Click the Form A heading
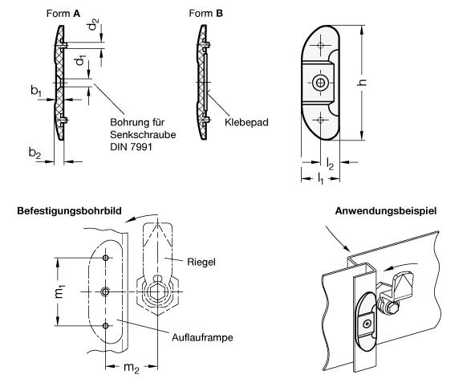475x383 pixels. click(63, 14)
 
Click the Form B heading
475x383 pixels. click(206, 14)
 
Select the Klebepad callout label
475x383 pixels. click(246, 122)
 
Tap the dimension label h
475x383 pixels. click(362, 82)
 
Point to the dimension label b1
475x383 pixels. click(36, 91)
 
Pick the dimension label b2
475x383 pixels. click(35, 153)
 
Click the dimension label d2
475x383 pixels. click(94, 25)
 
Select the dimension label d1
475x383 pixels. click(80, 60)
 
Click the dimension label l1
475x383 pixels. click(320, 178)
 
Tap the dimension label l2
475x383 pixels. click(330, 164)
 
